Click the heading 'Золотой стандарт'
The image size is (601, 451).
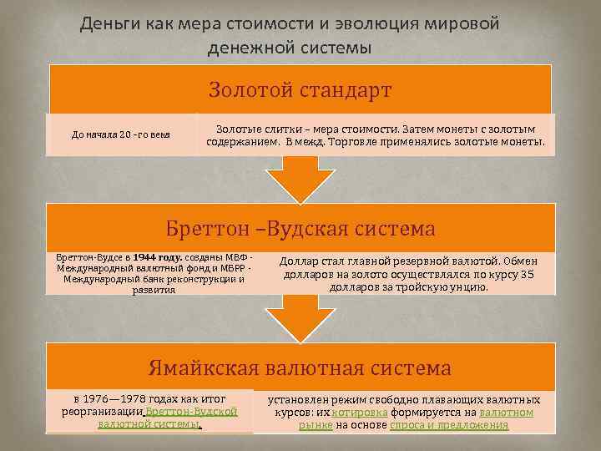[300, 89]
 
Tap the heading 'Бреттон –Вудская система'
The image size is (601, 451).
[300, 228]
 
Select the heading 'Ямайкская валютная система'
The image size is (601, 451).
[300, 367]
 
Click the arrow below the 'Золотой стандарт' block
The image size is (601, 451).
[300, 180]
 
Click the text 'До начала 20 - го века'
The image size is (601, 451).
[121, 134]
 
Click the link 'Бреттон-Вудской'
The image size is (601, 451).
[192, 412]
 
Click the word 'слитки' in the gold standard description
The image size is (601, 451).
[286, 130]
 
